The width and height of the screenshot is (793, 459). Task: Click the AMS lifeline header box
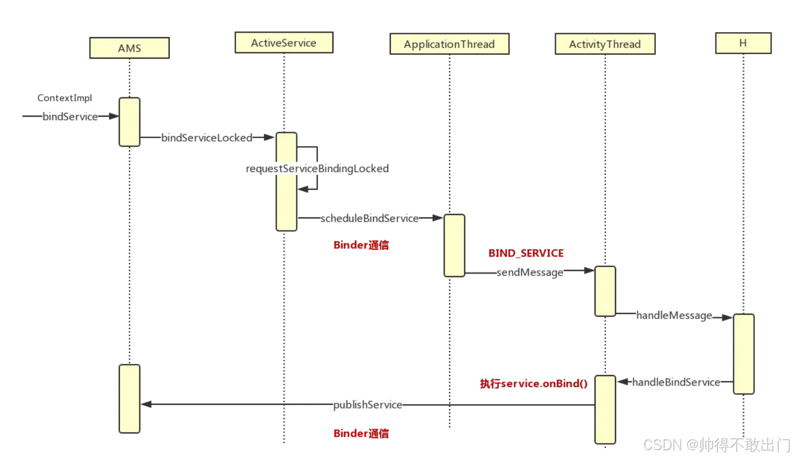coord(129,48)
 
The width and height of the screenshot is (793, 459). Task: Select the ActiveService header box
coord(284,43)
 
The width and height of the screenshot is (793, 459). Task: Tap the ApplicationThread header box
coord(449,44)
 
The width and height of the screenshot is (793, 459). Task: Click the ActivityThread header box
coord(605,44)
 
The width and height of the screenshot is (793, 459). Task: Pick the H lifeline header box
coord(743,43)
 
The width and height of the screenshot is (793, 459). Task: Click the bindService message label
coord(70,117)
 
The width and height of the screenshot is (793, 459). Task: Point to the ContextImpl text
coord(65,98)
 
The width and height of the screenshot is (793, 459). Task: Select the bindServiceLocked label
coord(207,138)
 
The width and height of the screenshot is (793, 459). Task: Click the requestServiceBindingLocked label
coord(317,169)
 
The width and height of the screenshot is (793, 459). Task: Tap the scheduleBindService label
coord(369,218)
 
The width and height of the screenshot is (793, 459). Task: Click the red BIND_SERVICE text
coord(526,253)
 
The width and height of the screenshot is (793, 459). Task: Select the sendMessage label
coord(530,272)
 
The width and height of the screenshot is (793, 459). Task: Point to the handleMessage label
coord(674,316)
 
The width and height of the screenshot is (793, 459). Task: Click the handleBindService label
coord(676,382)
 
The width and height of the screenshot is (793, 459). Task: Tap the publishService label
coord(368,405)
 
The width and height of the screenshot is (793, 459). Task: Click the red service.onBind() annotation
coord(534,383)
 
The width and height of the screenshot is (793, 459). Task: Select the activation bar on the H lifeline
coord(744,354)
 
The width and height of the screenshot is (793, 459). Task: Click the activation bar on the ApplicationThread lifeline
coord(454,245)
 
